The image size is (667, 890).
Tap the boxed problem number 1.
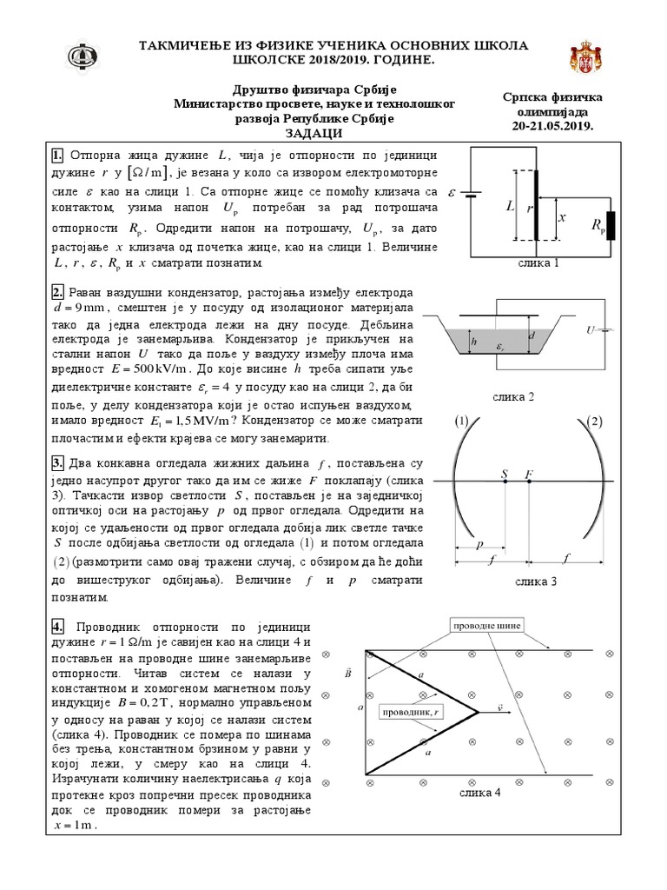point(58,156)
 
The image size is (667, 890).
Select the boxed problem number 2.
point(58,292)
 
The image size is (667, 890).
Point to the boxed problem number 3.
point(58,462)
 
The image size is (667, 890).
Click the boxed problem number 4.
point(58,627)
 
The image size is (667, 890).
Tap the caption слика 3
point(536,581)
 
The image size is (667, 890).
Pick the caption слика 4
point(480,792)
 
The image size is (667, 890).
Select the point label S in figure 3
point(505,474)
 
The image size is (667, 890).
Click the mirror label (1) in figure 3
point(461,422)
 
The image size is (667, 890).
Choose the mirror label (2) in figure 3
point(594,422)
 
